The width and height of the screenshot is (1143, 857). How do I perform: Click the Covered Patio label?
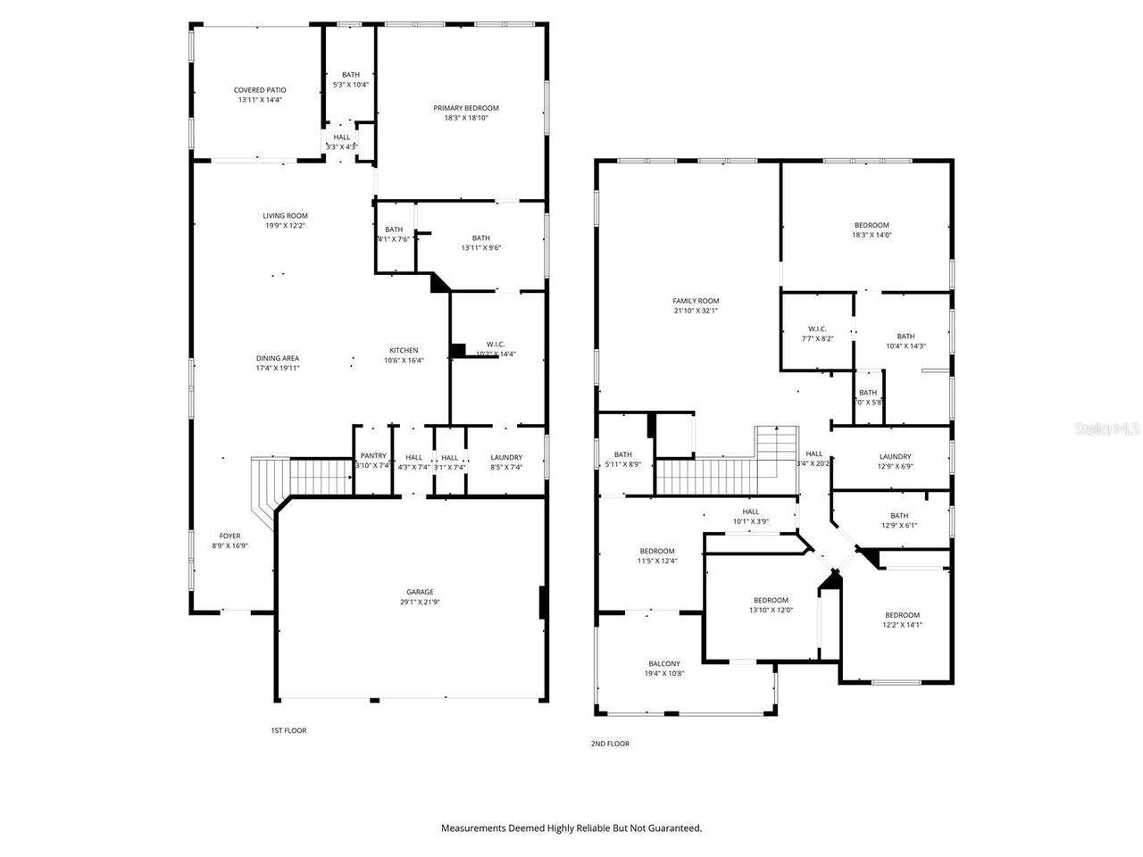260,90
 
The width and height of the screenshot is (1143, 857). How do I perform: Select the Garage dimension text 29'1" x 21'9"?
420,603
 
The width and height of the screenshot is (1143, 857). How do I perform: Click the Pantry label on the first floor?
373,457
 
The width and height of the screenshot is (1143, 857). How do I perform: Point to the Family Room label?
696,301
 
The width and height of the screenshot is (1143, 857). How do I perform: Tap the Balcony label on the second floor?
664,663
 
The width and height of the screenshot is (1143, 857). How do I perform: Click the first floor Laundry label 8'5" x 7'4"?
506,462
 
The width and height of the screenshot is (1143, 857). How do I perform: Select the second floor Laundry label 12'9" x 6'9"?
895,461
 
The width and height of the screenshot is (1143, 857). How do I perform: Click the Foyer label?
229,536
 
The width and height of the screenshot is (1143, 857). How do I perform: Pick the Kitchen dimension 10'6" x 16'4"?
404,361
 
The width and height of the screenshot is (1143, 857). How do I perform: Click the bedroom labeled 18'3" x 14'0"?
872,229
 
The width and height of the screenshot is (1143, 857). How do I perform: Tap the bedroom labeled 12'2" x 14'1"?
902,620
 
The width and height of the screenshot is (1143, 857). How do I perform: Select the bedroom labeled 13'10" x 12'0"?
771,605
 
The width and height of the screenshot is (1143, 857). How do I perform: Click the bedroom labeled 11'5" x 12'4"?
657,556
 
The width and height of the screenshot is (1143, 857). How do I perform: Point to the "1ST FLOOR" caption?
288,730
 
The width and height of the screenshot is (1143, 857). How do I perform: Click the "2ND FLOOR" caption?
610,744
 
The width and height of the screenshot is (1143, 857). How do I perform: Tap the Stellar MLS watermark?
1108,429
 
